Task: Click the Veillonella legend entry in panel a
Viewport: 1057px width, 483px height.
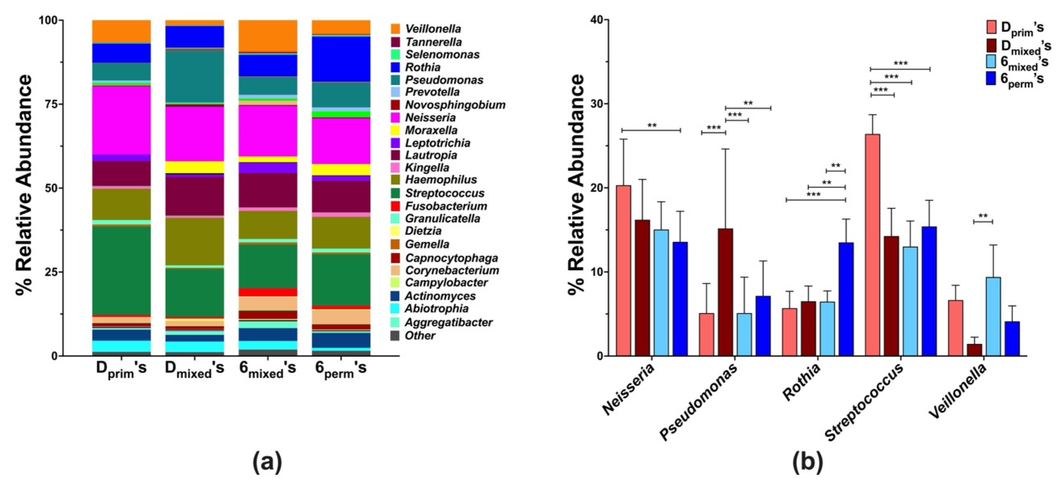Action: pyautogui.click(x=433, y=29)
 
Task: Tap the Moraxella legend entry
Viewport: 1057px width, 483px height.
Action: pyautogui.click(x=431, y=130)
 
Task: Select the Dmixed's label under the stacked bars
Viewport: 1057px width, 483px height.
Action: pyautogui.click(x=195, y=369)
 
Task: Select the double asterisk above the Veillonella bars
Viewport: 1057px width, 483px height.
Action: pyautogui.click(x=983, y=216)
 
